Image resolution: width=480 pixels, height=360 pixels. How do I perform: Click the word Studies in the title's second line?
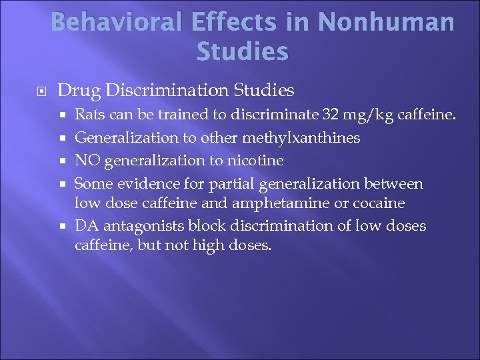click(243, 51)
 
